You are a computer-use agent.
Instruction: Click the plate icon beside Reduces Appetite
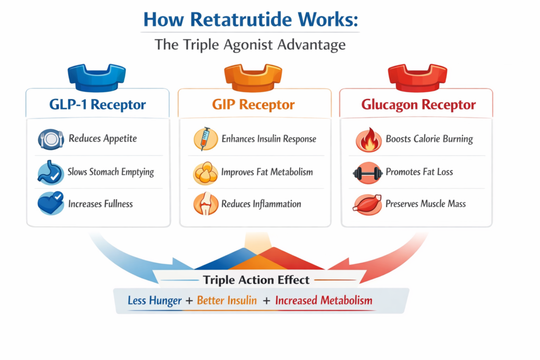[x=51, y=140]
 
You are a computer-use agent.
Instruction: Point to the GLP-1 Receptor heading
[x=97, y=104]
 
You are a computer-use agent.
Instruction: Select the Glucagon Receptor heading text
[x=418, y=104]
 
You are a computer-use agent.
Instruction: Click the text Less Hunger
[x=155, y=301]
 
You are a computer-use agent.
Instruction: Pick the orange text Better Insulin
[x=227, y=301]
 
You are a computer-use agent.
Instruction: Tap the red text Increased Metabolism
[x=324, y=301]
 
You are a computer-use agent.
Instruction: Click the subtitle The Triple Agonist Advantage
[x=250, y=45]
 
